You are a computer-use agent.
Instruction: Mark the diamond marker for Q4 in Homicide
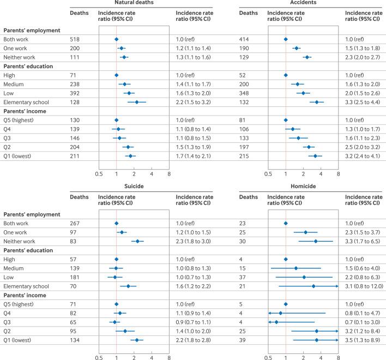pos(280,313)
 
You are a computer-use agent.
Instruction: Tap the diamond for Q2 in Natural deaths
pos(128,147)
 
